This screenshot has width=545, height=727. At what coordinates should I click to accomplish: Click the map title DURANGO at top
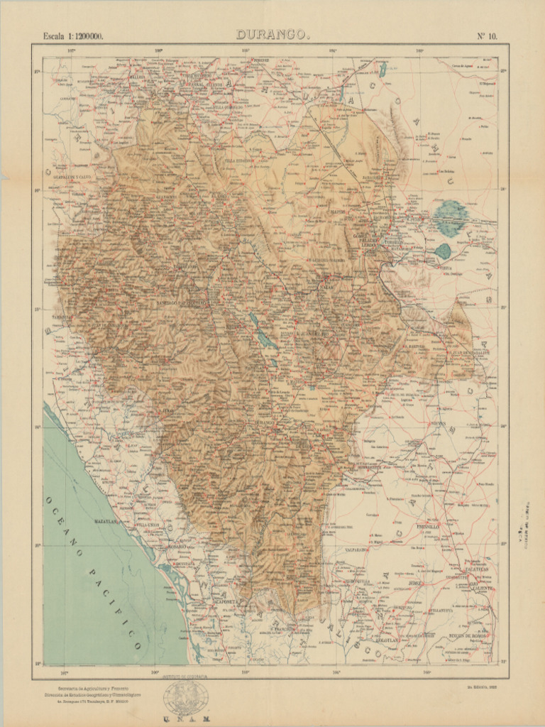pos(271,34)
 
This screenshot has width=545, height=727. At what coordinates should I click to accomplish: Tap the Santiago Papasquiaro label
pos(182,303)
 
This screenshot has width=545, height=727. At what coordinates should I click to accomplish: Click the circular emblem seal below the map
pos(185,699)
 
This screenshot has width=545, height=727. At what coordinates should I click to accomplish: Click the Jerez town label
pos(415,583)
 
